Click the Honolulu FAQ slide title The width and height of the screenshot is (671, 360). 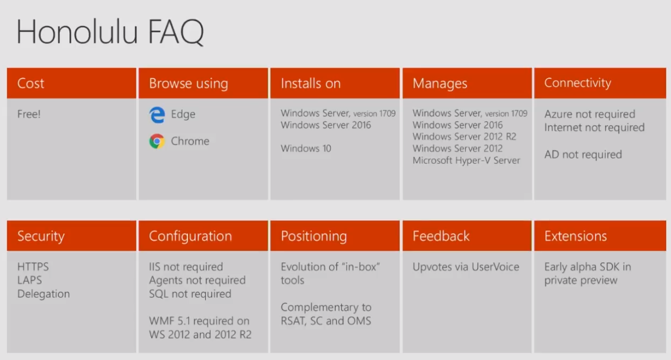click(110, 32)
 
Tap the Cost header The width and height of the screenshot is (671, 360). click(31, 83)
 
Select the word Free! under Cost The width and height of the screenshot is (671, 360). click(29, 114)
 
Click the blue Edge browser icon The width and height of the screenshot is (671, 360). click(157, 115)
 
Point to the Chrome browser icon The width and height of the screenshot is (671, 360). click(157, 141)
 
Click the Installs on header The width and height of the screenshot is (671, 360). click(311, 83)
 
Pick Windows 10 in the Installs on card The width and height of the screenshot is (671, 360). click(306, 149)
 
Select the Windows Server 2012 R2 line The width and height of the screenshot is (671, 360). click(464, 136)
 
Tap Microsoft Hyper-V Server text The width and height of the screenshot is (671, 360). click(467, 160)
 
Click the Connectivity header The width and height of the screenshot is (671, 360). click(578, 83)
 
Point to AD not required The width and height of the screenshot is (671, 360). click(583, 154)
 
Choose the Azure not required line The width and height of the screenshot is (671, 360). click(590, 114)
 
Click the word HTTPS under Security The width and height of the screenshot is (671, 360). click(33, 267)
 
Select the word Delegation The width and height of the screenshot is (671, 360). click(43, 294)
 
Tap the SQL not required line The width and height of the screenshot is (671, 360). click(190, 294)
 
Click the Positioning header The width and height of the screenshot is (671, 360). click(314, 236)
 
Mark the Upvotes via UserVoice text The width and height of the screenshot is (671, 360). click(465, 267)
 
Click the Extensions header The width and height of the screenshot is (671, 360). click(576, 236)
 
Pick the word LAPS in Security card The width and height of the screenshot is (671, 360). click(29, 280)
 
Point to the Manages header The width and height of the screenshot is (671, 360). click(440, 83)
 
